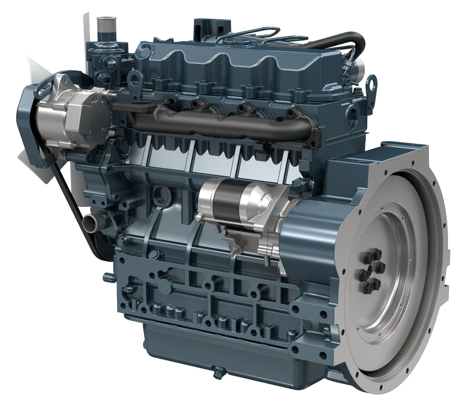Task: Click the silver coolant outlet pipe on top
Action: (104, 23)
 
